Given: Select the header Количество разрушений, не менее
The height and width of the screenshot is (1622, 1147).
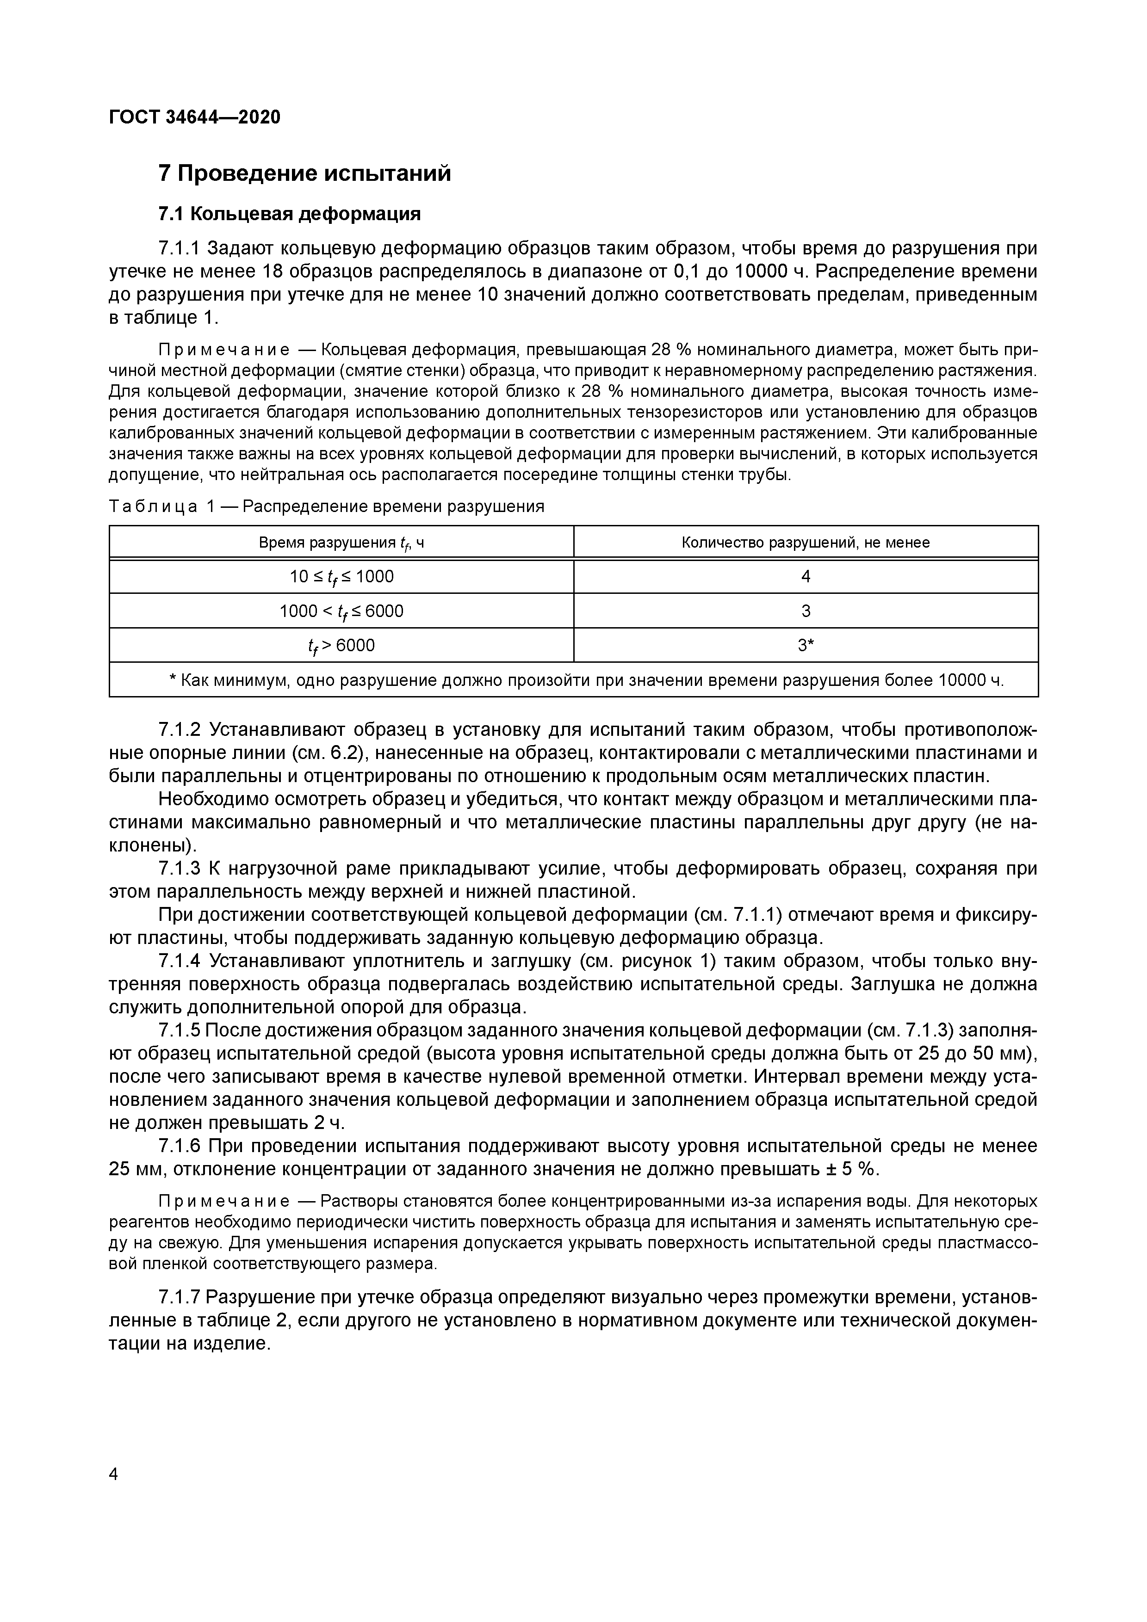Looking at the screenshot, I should point(805,543).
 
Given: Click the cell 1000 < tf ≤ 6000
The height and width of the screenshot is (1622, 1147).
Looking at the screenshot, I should point(341,611).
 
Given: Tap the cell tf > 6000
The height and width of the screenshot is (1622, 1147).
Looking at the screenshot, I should point(341,646).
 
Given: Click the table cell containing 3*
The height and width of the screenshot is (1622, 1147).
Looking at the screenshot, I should point(805,646).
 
